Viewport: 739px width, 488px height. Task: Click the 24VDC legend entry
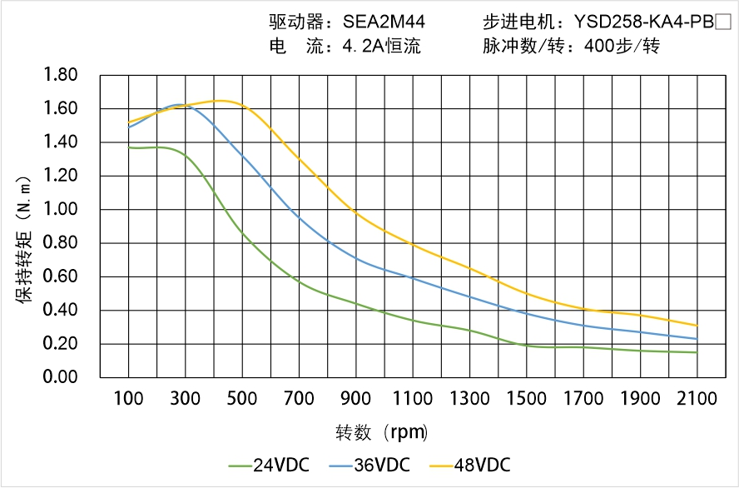click(x=267, y=465)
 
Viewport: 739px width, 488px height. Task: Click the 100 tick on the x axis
click(x=129, y=398)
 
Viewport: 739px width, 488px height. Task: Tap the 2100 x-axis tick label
click(x=697, y=398)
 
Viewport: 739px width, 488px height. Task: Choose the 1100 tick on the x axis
click(x=413, y=398)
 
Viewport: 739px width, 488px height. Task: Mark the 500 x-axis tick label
click(x=242, y=398)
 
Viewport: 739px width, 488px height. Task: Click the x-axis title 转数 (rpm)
click(x=382, y=432)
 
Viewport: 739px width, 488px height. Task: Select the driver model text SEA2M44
click(x=373, y=22)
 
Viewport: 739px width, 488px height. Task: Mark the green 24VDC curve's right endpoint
click(x=697, y=352)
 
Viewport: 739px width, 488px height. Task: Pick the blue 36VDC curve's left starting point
click(x=129, y=127)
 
